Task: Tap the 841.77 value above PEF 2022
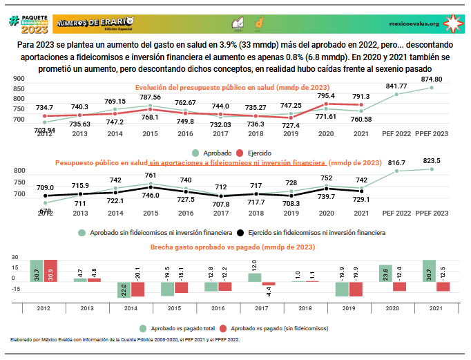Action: pyautogui.click(x=396, y=86)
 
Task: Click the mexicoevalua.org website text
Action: pyautogui.click(x=414, y=23)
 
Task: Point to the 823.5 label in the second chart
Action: pyautogui.click(x=430, y=161)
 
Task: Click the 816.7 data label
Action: pyautogui.click(x=395, y=163)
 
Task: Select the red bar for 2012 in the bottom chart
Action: pyautogui.click(x=50, y=271)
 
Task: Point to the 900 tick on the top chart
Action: pyautogui.click(x=19, y=79)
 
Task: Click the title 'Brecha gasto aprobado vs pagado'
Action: pyautogui.click(x=233, y=247)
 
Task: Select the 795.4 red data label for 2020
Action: pyautogui.click(x=325, y=96)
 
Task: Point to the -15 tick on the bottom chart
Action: pyautogui.click(x=15, y=290)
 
